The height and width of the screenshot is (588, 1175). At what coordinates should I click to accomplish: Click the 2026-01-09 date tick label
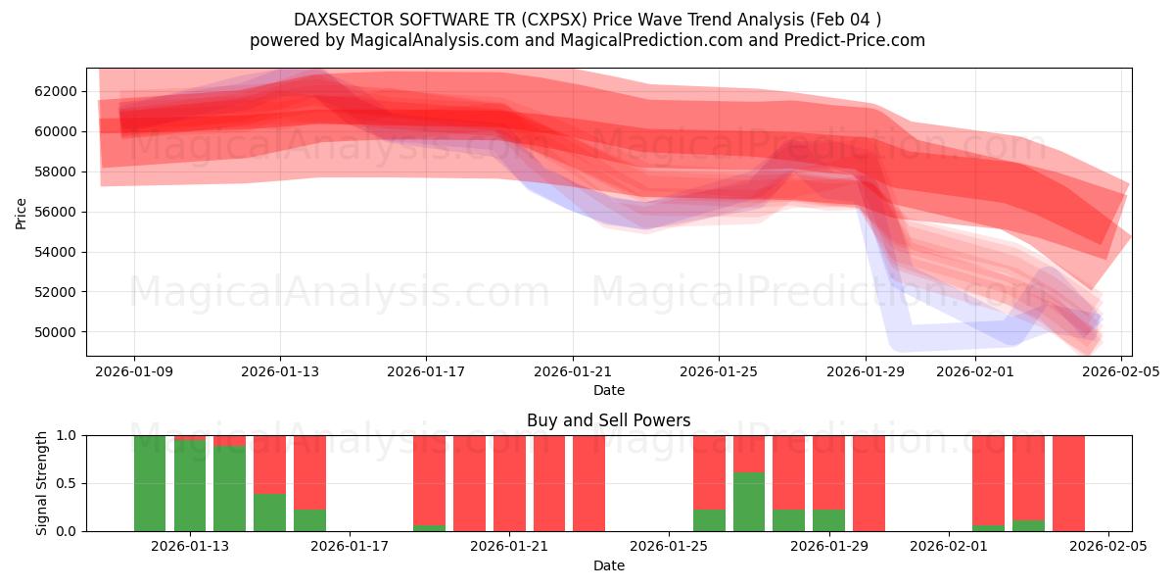click(134, 371)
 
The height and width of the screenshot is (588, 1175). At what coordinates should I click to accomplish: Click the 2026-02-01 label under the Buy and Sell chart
click(949, 547)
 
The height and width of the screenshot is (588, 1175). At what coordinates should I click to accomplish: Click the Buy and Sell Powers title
click(608, 420)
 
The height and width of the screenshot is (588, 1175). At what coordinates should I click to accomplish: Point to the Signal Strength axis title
click(41, 483)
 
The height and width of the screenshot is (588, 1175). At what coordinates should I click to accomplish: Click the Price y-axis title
click(22, 213)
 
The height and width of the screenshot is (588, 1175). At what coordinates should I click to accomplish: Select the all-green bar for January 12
click(150, 483)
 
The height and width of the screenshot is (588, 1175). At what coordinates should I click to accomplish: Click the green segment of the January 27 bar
click(749, 502)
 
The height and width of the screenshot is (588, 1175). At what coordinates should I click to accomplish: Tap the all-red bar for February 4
click(1068, 483)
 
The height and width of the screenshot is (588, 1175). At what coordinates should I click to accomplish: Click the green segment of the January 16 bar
click(309, 520)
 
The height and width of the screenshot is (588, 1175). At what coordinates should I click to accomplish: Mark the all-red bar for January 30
click(869, 483)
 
